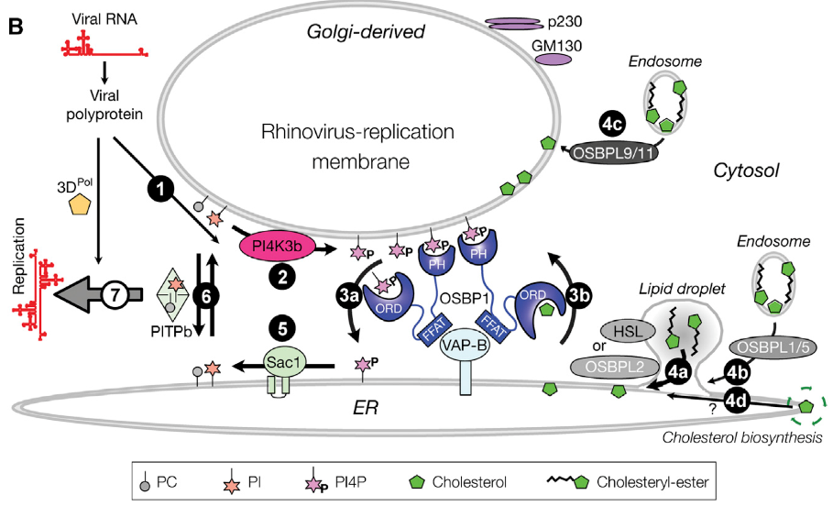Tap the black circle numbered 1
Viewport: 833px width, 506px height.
click(x=162, y=190)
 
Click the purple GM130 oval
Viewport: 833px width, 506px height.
click(x=554, y=58)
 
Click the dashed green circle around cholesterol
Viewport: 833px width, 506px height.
click(x=806, y=404)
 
